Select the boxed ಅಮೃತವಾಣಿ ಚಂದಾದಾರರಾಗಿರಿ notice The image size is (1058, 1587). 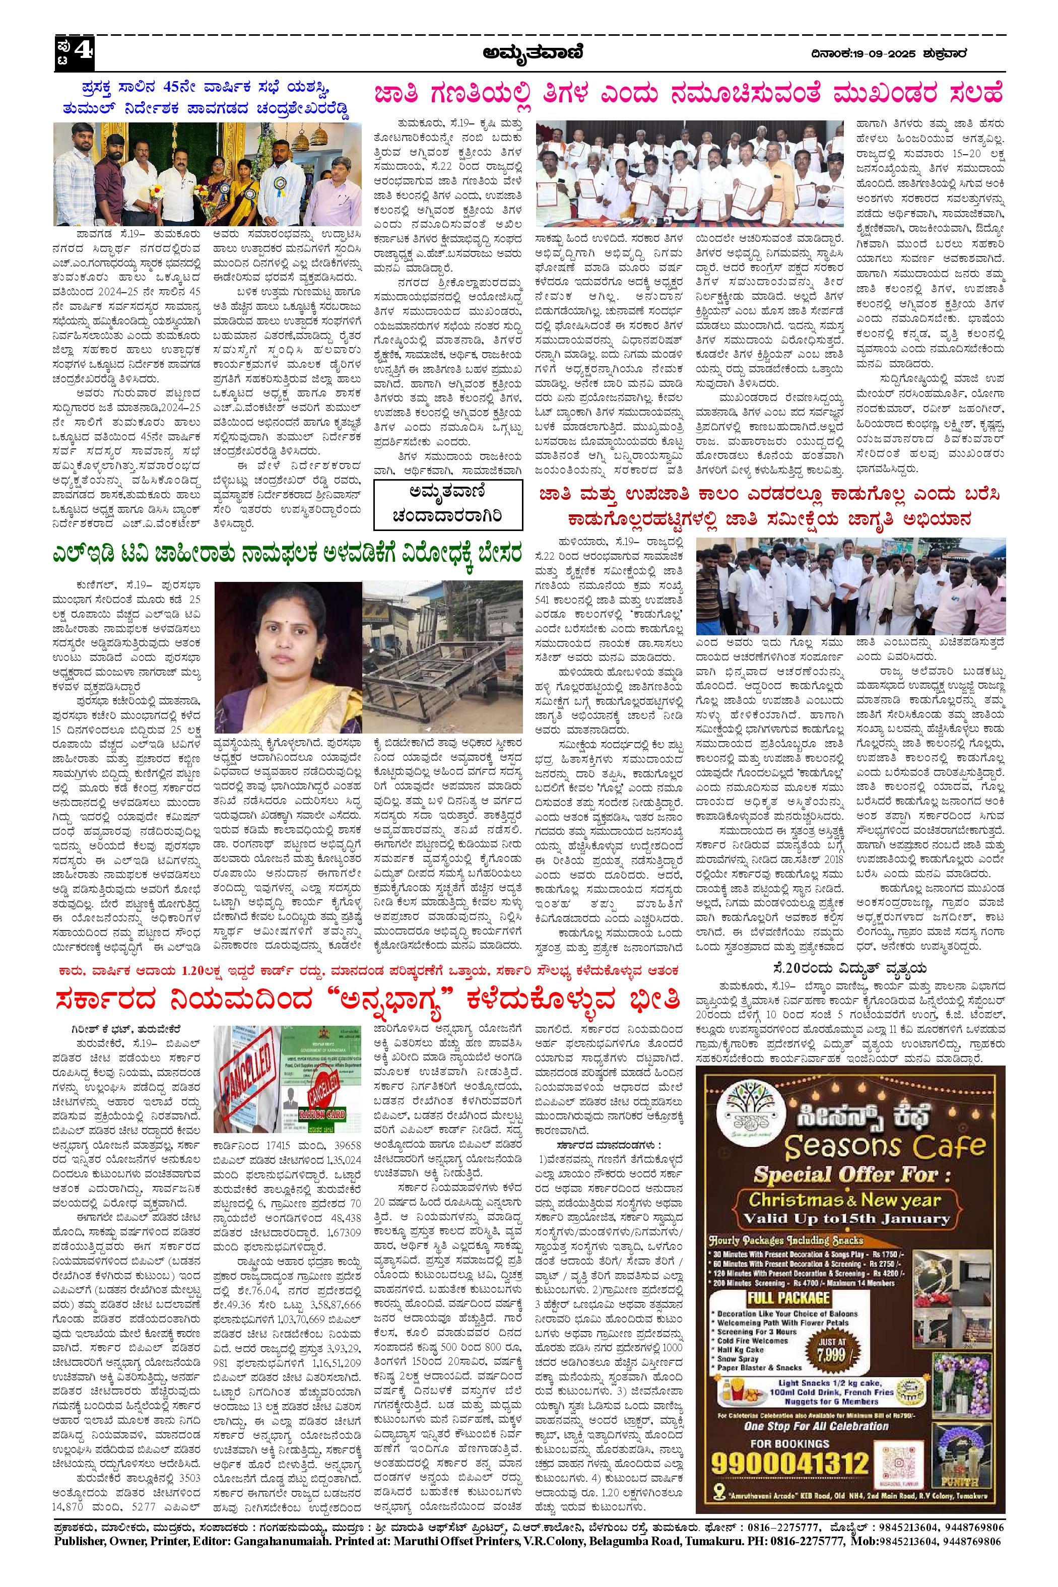coord(447,505)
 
